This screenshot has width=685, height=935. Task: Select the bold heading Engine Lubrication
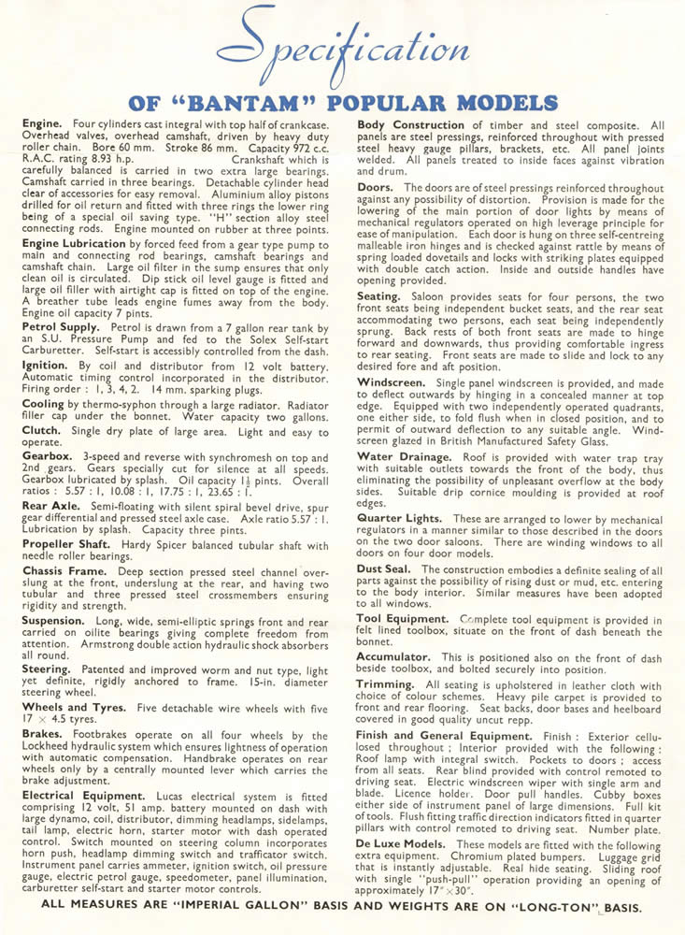75,241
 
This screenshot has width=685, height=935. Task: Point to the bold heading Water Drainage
403,456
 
